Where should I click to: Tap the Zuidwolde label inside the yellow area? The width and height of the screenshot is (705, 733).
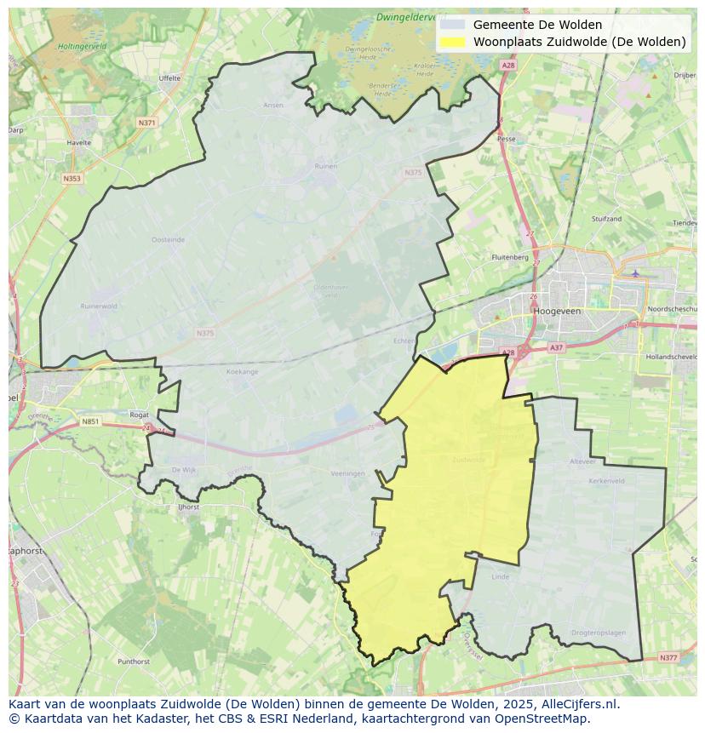click(469, 460)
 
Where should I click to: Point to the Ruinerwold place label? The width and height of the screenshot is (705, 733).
click(98, 306)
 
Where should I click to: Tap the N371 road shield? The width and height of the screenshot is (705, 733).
click(146, 123)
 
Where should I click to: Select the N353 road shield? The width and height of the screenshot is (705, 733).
click(72, 179)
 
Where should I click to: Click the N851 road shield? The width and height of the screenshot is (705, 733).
click(90, 421)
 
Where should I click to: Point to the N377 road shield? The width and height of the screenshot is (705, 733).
click(668, 657)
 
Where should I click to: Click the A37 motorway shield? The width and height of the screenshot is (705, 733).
click(556, 347)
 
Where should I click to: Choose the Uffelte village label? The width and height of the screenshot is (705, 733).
click(169, 78)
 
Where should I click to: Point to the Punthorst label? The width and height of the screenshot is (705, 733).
click(134, 661)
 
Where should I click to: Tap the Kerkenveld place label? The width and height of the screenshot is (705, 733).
click(606, 481)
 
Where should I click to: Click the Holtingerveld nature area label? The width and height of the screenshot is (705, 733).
click(83, 46)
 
